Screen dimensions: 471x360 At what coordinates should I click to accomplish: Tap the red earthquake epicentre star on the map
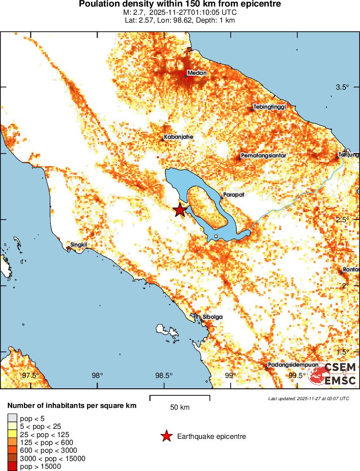coord(180,210)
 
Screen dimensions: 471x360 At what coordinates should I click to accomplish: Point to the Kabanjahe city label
coord(178,137)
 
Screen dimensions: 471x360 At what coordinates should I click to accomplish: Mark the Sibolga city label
coord(212,317)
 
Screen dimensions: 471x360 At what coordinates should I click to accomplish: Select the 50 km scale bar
coord(180,398)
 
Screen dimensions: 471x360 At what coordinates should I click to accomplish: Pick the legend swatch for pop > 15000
coord(12,466)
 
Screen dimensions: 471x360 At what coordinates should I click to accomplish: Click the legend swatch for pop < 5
coord(12,419)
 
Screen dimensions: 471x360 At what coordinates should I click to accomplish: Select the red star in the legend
coord(166,436)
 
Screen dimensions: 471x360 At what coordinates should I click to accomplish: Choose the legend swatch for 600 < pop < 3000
coord(12,450)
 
